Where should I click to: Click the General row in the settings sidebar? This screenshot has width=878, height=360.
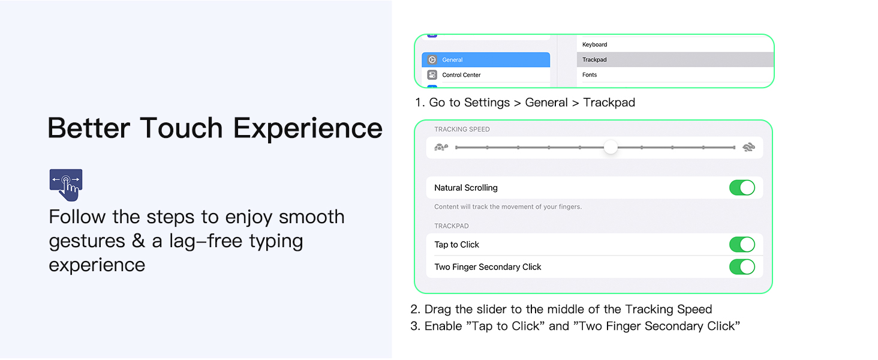pos(486,59)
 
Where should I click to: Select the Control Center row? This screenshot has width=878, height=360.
pos(486,75)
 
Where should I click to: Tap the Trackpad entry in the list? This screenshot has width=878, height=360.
pos(675,59)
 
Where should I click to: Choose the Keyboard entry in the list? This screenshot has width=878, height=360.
pos(675,44)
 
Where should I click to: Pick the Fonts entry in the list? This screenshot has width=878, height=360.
pos(675,75)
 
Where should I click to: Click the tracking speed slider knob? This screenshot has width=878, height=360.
pos(611,148)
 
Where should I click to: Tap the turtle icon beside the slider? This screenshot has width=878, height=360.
pos(441,148)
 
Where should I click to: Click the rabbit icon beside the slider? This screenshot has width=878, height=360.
pos(748,148)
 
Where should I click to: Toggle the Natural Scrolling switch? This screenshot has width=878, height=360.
pos(742,187)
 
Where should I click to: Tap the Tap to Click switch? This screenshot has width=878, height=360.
pos(742,244)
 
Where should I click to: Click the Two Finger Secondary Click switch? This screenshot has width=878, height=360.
pos(742,267)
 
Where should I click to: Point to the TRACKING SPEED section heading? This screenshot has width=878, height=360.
pos(462,130)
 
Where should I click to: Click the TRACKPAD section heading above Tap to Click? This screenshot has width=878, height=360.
pos(451,226)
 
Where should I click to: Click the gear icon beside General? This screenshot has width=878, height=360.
pos(432,59)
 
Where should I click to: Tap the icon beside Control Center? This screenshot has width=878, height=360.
pos(432,75)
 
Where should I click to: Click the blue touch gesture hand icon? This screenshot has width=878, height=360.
pos(66,185)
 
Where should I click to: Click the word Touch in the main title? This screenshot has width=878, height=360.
pos(182,128)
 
